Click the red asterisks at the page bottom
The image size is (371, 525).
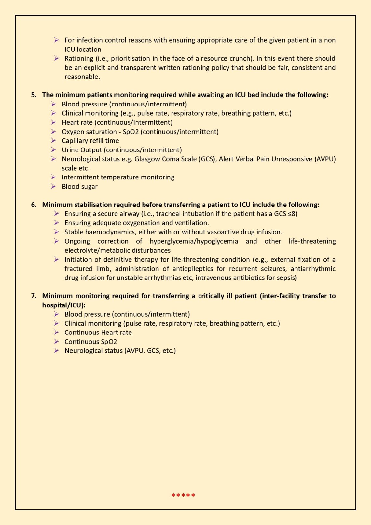[183, 496]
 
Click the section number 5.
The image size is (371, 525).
[34, 95]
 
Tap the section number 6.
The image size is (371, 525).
[34, 205]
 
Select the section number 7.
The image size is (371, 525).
[34, 296]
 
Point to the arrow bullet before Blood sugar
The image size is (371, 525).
[53, 186]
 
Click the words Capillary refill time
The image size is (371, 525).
[90, 141]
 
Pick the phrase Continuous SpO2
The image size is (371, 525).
[90, 342]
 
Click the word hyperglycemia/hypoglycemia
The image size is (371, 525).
[194, 241]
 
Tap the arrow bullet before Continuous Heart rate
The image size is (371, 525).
[56, 332]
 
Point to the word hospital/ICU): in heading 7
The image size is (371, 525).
[64, 305]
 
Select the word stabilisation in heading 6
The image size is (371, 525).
[93, 205]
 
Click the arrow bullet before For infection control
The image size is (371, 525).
[56, 40]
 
